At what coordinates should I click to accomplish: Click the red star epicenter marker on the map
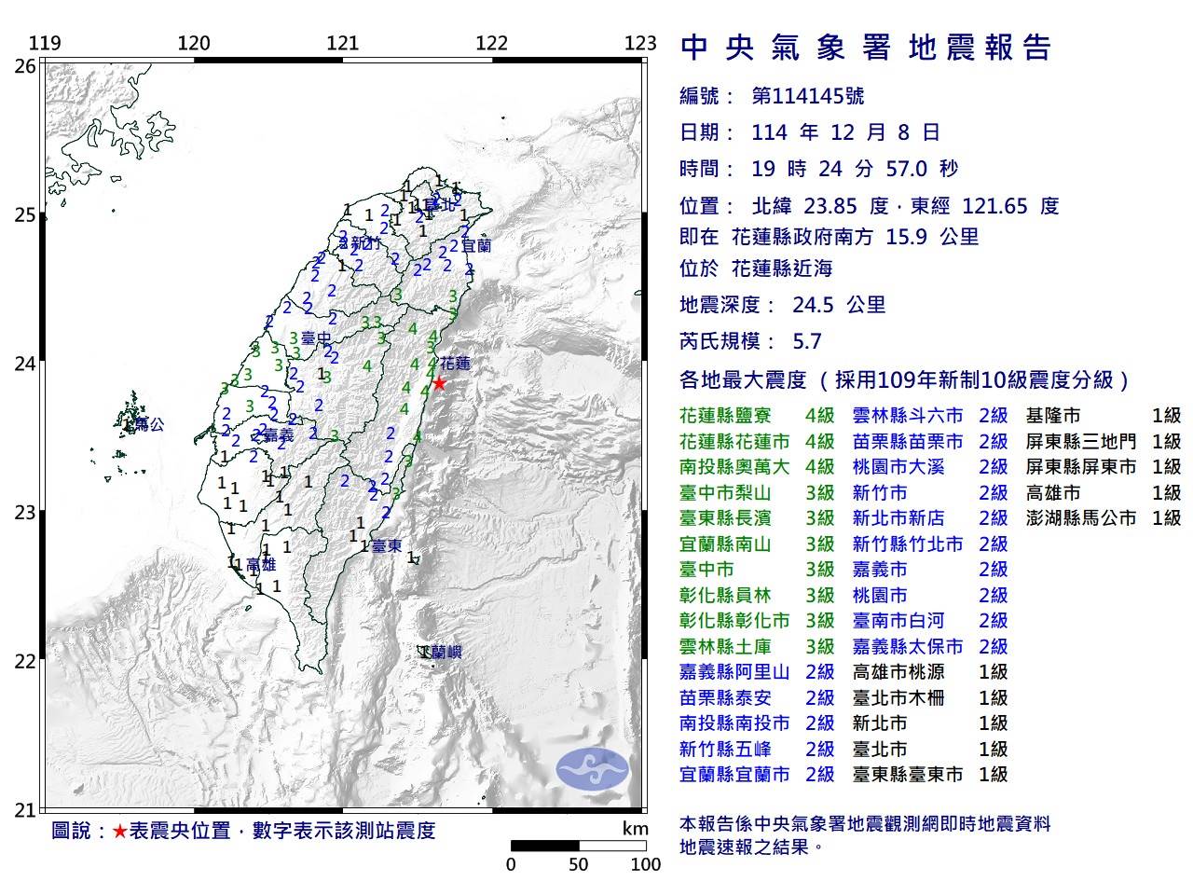[x=438, y=383]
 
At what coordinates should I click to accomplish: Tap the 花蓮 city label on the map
[x=455, y=363]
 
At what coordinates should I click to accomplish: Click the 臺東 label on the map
[x=386, y=546]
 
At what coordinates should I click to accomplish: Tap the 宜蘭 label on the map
[x=476, y=246]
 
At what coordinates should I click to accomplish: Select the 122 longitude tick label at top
[x=491, y=43]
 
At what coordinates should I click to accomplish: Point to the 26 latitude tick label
[x=25, y=66]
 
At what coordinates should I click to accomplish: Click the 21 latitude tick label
[x=25, y=810]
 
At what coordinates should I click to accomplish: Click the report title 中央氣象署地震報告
[x=867, y=48]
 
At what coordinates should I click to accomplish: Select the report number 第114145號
[x=807, y=96]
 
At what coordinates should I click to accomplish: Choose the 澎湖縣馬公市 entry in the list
[x=1081, y=518]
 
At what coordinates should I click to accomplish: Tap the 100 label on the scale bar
[x=645, y=864]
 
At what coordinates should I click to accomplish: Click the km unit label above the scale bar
[x=635, y=829]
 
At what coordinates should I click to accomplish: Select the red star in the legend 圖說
[x=119, y=831]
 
